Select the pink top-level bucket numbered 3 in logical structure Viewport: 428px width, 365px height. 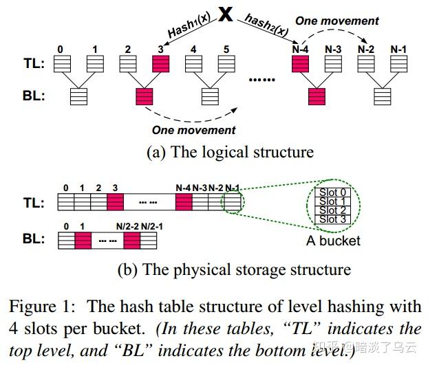coord(160,64)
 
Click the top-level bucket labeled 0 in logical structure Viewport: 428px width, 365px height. coord(61,64)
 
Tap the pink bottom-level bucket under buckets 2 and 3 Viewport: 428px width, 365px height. coord(145,96)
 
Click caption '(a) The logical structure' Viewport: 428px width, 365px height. coord(230,152)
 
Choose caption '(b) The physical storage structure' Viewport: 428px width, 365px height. coord(234,269)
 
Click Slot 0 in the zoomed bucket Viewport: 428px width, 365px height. coord(332,192)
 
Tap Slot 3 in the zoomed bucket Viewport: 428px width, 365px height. coord(332,219)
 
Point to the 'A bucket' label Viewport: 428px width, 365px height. coord(333,241)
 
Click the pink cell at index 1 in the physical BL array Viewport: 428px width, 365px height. coord(83,241)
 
